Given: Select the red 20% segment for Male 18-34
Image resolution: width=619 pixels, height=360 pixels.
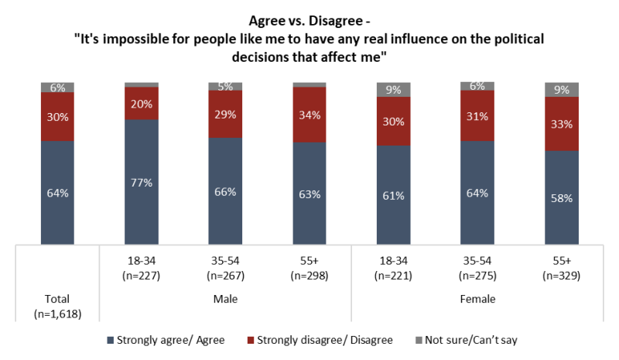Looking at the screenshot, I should click(142, 103).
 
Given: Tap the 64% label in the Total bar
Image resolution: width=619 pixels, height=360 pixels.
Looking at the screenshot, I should click(57, 194).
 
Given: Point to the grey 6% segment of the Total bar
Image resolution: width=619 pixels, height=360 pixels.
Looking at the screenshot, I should click(57, 87).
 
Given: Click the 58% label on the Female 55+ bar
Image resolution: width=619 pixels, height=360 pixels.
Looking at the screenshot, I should click(562, 198).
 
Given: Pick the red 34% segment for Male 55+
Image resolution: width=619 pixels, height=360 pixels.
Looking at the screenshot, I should click(309, 115).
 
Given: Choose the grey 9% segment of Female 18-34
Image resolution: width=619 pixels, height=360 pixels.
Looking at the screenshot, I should click(394, 90).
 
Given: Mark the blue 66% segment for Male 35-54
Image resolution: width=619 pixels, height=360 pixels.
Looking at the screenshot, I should click(226, 190).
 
